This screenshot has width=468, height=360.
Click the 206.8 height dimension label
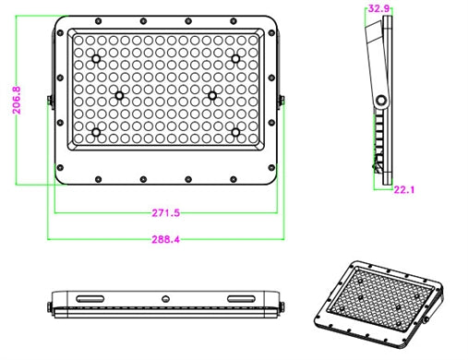16,101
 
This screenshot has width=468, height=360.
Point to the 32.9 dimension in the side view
378,8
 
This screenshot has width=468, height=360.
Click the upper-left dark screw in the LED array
96,58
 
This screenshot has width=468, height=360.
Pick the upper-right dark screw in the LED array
236,58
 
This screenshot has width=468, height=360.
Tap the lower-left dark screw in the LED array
96,133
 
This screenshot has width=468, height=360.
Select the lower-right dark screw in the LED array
236,133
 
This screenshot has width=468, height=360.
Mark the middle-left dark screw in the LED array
119,95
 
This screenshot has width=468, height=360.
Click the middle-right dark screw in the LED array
212,95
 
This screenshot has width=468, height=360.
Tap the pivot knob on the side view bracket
381,97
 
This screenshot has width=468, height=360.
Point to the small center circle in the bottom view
166,298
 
